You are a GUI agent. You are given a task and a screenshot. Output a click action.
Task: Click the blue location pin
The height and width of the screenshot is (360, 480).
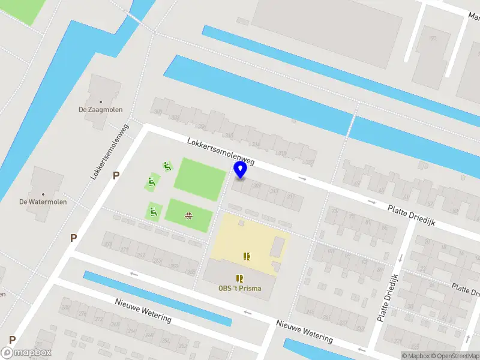click(240, 170)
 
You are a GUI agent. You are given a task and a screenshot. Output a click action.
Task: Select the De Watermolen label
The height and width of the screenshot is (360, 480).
click(43, 202)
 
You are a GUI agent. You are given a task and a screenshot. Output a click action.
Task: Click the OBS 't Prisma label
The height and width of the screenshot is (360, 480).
click(239, 288)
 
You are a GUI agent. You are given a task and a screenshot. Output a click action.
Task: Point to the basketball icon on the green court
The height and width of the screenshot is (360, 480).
click(189, 215)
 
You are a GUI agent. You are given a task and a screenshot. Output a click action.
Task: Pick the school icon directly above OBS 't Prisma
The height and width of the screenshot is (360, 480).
click(240, 278)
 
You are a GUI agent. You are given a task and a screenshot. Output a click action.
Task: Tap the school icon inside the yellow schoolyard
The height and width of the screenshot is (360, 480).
click(246, 256)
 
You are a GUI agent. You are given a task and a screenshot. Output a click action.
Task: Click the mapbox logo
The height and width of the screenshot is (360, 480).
click(26, 353)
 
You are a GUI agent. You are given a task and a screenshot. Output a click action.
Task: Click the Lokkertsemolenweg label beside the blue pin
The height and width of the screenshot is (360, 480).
click(220, 152)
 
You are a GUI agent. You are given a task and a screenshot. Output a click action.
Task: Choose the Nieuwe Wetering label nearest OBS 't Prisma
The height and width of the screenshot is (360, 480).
click(304, 332)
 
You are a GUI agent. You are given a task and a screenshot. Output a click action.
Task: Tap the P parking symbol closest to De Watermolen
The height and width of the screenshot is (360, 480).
click(73, 238)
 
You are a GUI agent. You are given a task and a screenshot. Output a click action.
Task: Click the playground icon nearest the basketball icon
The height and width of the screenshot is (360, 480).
click(154, 211)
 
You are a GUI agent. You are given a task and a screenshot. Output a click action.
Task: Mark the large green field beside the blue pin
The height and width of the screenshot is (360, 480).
click(199, 179)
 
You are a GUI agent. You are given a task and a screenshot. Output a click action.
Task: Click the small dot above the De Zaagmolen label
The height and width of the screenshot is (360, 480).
click(100, 102)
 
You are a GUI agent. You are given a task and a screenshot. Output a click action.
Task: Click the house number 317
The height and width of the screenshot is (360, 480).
click(290, 196)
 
